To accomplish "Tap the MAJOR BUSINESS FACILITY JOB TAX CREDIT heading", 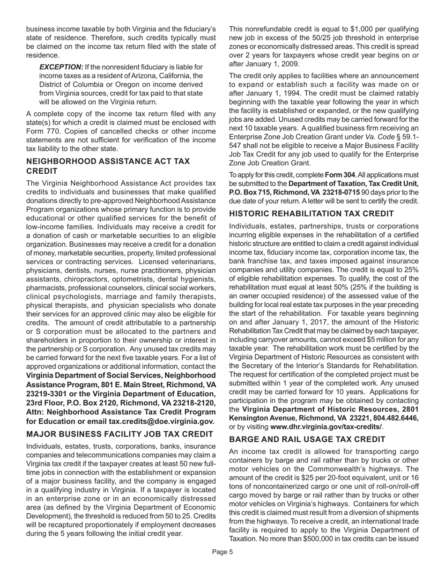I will tap(119, 434).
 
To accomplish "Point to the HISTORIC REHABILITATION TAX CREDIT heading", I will tap(318, 214).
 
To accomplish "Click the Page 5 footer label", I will tap(222, 565).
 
